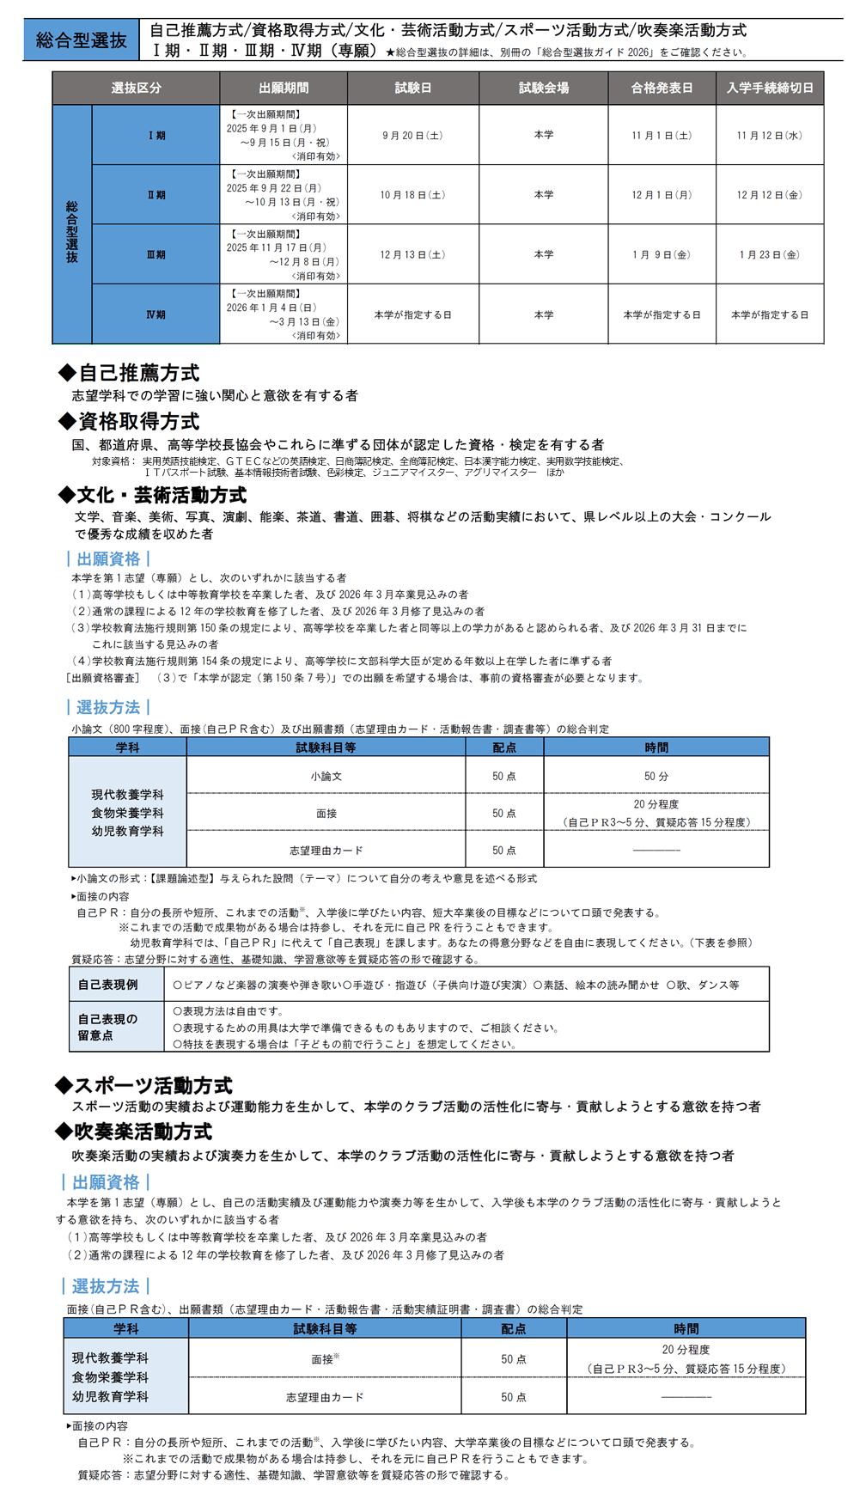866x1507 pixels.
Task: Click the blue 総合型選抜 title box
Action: [x=82, y=40]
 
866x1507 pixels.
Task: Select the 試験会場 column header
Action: [x=543, y=88]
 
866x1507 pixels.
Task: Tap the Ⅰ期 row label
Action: [x=156, y=135]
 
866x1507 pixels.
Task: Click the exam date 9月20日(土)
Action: [x=412, y=135]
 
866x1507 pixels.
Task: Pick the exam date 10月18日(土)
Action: [x=412, y=195]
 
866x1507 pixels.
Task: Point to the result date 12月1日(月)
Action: [x=662, y=195]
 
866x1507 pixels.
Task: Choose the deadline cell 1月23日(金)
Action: [x=769, y=254]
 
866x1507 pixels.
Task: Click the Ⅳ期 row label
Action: [x=156, y=314]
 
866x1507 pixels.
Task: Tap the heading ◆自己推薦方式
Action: [x=129, y=373]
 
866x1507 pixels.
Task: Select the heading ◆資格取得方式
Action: [x=129, y=421]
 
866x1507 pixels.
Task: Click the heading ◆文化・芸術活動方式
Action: [x=152, y=495]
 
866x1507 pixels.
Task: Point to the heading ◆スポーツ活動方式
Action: [x=143, y=1085]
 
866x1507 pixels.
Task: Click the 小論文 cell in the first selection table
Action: [x=326, y=776]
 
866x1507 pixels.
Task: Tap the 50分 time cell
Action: [x=656, y=776]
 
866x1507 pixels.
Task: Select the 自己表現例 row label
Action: [x=108, y=985]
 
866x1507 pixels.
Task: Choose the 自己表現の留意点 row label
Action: [x=108, y=1027]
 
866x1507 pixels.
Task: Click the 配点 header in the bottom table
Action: [x=514, y=1328]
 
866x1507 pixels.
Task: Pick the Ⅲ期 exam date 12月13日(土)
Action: [x=412, y=254]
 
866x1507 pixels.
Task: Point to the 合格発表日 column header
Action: [x=662, y=88]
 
